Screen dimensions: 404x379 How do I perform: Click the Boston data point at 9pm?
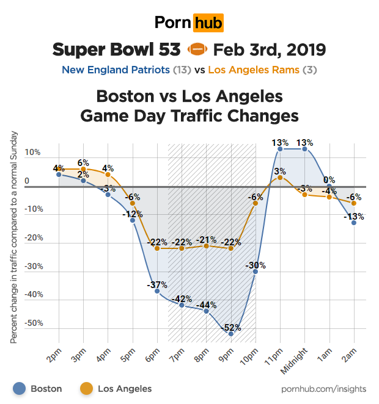click(x=231, y=334)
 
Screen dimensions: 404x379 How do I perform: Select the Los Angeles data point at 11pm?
click(x=280, y=178)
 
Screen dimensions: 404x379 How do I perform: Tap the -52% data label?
click(x=231, y=328)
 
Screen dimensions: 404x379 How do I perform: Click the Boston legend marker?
click(x=20, y=388)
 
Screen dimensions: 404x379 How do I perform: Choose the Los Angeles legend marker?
click(x=87, y=388)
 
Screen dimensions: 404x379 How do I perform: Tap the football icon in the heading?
click(x=197, y=49)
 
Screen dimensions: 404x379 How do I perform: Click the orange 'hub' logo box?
click(x=208, y=23)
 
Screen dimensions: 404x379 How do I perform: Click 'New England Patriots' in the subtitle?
click(x=116, y=70)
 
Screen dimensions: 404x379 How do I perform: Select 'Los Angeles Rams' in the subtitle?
click(x=254, y=70)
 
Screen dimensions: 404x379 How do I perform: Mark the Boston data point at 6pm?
click(x=157, y=291)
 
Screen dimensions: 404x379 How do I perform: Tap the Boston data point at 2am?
click(x=354, y=223)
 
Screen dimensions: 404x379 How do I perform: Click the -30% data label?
click(x=256, y=265)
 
